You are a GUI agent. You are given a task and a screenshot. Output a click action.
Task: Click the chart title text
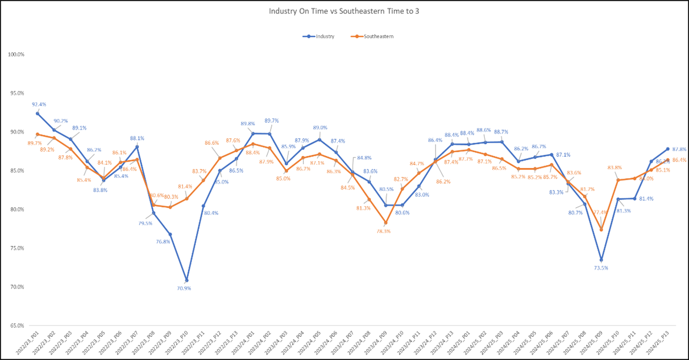click(x=344, y=11)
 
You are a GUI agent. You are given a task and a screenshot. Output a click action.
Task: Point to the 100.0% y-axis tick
click(x=17, y=55)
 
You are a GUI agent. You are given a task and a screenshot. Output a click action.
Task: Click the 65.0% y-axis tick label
click(x=17, y=326)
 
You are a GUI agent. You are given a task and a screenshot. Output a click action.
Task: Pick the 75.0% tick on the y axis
click(x=17, y=248)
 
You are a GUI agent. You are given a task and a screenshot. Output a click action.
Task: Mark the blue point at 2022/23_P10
click(x=186, y=280)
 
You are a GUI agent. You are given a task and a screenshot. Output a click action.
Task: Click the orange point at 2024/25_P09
click(x=601, y=229)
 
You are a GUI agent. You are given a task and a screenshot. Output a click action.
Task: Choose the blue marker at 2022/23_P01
click(x=37, y=113)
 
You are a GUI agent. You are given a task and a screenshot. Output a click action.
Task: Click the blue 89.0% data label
click(x=320, y=128)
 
